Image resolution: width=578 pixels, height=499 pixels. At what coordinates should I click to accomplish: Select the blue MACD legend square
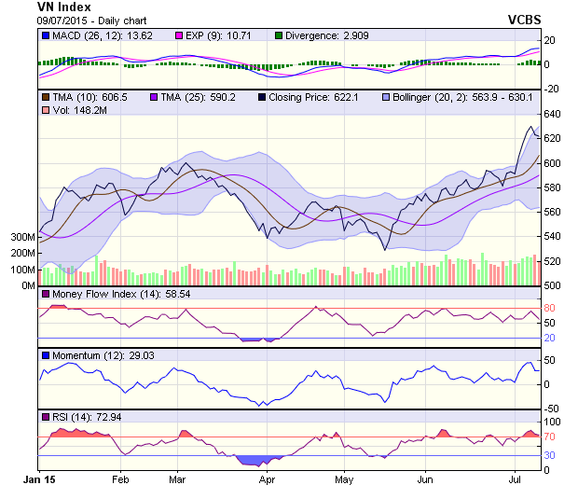click(46, 35)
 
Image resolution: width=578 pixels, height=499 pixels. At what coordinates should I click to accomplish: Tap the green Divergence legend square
click(278, 35)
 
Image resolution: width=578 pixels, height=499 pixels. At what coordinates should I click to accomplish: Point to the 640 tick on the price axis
click(553, 115)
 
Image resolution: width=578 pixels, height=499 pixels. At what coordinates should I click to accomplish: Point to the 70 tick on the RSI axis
click(550, 437)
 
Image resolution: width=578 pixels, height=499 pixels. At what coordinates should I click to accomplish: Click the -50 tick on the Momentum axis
click(551, 409)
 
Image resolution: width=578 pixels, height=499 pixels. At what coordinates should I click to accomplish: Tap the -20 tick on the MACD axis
click(551, 89)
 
